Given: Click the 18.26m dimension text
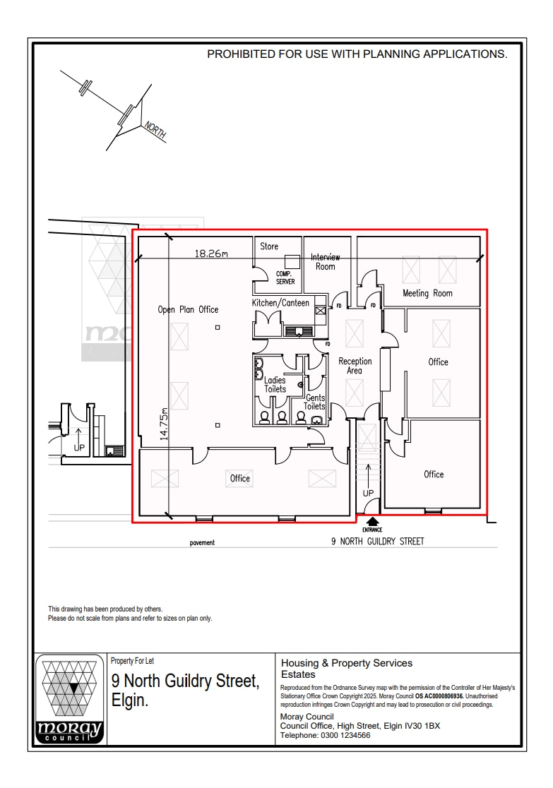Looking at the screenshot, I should click(211, 253).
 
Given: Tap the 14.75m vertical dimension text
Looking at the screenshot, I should click(164, 424).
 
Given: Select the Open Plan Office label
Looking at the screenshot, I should click(188, 309).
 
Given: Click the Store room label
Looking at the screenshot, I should click(269, 246).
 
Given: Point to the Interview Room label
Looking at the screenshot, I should click(326, 262).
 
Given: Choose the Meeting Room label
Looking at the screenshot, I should click(427, 293).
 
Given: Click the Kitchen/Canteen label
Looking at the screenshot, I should click(280, 303).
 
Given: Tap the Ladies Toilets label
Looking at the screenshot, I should click(275, 385).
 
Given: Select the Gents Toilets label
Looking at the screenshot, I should click(314, 402).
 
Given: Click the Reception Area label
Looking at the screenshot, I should click(355, 366).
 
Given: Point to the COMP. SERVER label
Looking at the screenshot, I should click(285, 277).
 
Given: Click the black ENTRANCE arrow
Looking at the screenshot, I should click(372, 522).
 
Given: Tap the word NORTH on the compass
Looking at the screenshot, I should click(155, 131).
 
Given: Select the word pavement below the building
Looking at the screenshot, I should click(202, 543).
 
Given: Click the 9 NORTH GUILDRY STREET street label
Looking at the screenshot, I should click(378, 542).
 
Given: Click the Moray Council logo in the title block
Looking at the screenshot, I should click(70, 700).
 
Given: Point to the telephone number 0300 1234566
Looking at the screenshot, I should click(345, 735).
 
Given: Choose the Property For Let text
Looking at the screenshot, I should click(132, 661).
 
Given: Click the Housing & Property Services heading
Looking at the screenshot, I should click(347, 663).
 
